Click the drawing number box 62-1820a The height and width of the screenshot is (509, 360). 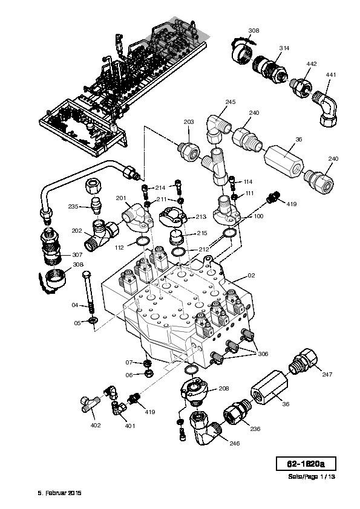click(306, 464)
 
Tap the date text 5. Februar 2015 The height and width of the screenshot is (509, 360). click(59, 493)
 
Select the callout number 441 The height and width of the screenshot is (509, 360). click(331, 75)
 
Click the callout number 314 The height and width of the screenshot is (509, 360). click(284, 48)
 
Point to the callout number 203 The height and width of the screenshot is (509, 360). click(189, 122)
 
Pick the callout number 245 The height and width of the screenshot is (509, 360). click(231, 102)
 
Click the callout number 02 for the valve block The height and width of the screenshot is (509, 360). click(252, 276)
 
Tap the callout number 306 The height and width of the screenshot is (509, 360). click(263, 354)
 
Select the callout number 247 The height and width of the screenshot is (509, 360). click(327, 374)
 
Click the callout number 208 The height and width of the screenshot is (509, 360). click(223, 388)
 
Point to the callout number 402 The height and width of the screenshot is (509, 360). click(96, 425)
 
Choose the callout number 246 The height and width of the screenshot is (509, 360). click(235, 444)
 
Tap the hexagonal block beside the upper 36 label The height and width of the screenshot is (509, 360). click(284, 161)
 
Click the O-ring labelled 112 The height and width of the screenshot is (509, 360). click(142, 241)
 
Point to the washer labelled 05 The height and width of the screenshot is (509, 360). click(93, 321)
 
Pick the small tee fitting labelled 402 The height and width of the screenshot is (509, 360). click(90, 403)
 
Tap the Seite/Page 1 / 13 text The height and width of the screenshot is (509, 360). click(312, 477)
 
